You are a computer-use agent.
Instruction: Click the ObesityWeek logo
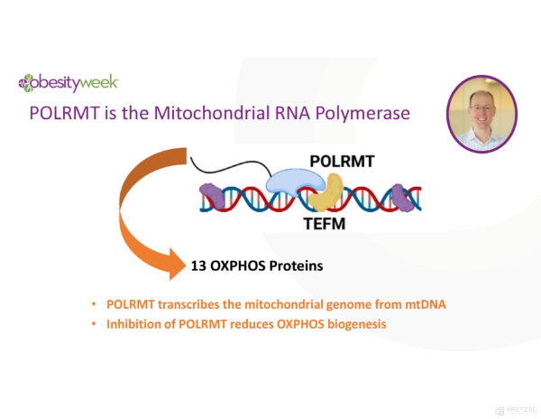68,83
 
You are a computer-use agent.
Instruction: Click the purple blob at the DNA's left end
212,197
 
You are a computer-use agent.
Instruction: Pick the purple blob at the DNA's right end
403,198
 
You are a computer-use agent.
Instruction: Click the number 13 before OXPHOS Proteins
199,266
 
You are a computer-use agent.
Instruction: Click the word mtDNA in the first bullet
424,304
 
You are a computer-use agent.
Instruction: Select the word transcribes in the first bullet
191,304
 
